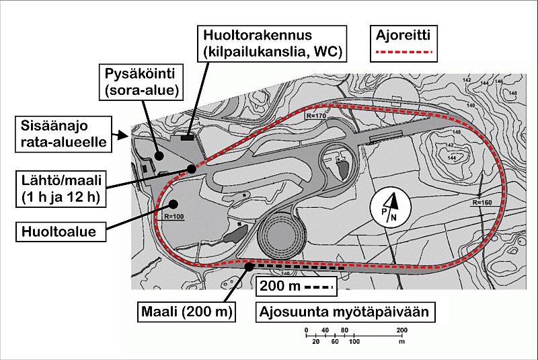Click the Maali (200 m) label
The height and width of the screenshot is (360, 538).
point(187,312)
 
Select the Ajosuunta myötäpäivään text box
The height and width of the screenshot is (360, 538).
point(345,312)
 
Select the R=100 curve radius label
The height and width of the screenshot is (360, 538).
point(174,217)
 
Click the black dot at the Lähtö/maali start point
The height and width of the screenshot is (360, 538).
point(192,169)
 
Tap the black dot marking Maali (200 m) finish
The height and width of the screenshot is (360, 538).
point(249,266)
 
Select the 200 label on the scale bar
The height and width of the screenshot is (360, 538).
point(402,330)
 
